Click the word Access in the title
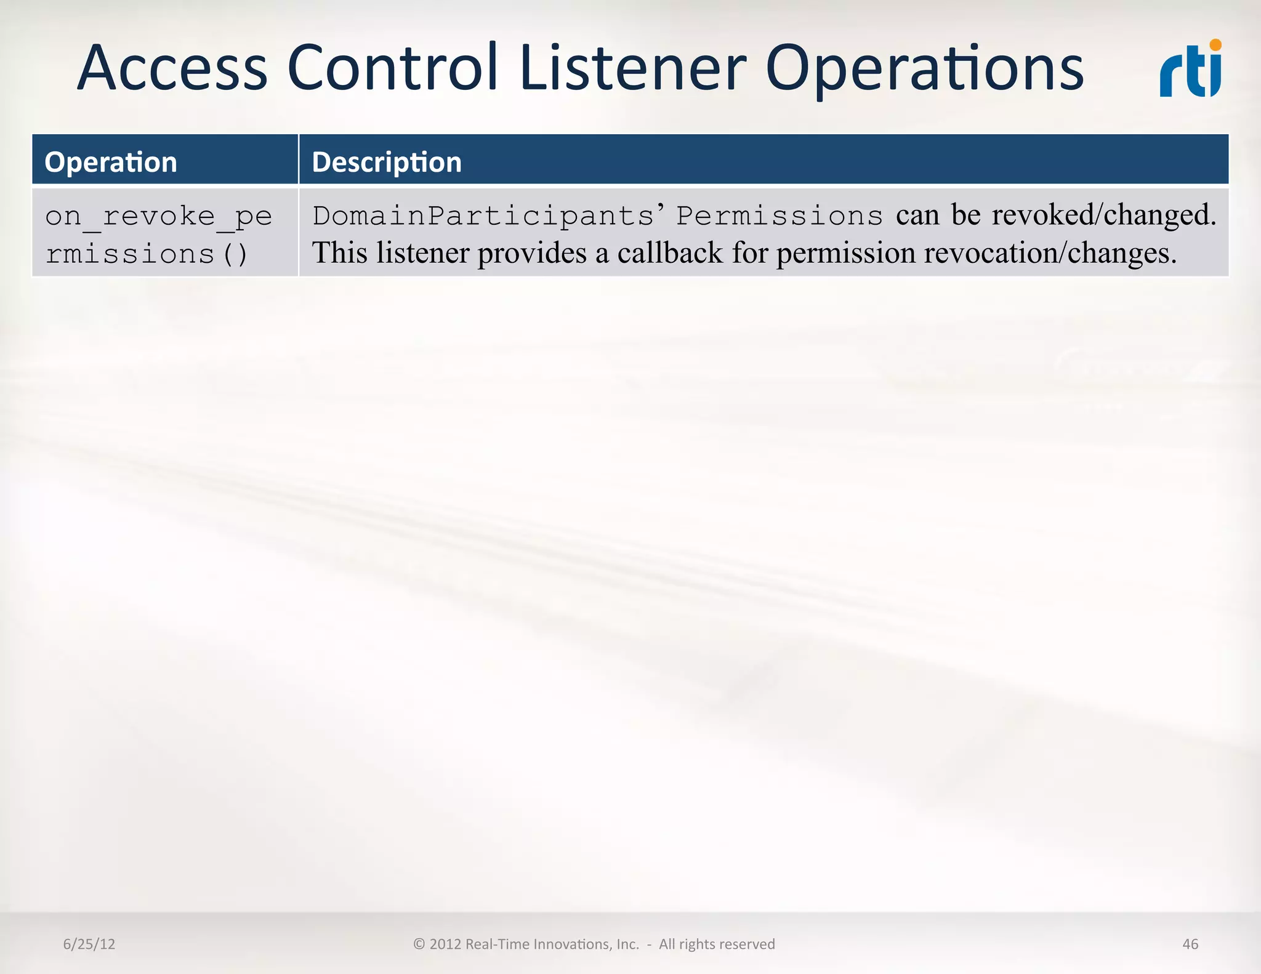tap(172, 68)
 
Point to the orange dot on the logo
tap(1215, 45)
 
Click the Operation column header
tap(111, 162)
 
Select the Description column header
tap(387, 162)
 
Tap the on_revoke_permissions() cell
tap(158, 235)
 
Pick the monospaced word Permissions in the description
tap(780, 215)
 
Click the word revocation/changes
tap(1047, 253)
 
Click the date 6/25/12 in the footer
tap(89, 944)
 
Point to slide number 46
tap(1190, 944)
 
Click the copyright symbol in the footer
tap(419, 944)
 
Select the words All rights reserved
tap(717, 944)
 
